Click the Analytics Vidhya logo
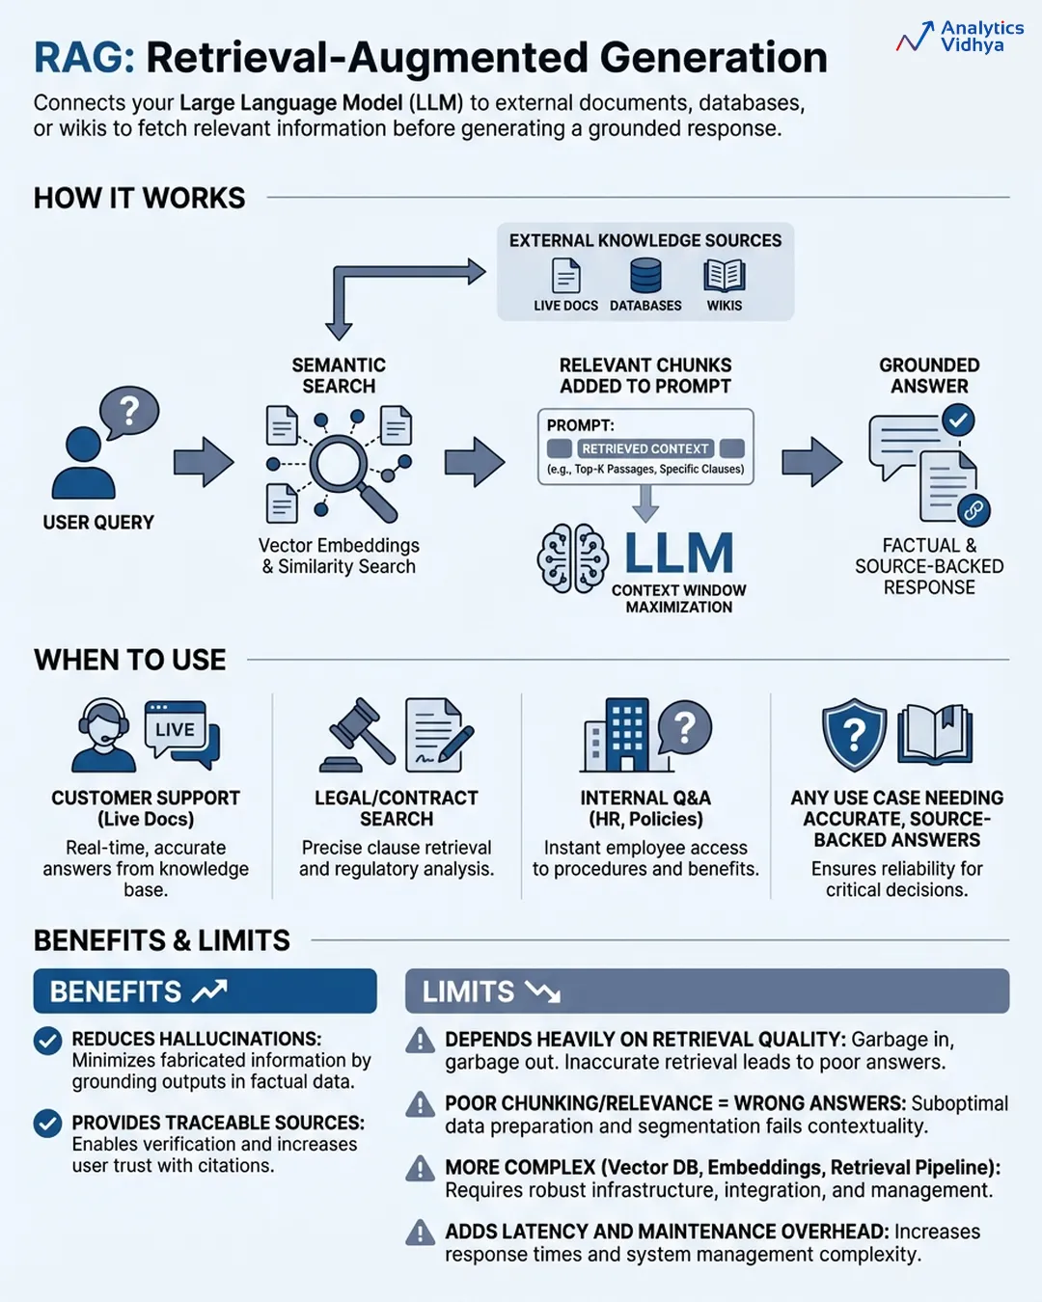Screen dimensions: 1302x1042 (x=959, y=38)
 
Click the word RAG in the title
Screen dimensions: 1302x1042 (x=84, y=58)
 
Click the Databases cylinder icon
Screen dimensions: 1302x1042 (x=645, y=275)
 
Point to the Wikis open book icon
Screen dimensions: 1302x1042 (x=724, y=276)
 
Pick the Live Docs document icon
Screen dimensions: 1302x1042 (x=566, y=276)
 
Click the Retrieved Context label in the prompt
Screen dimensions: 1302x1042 (x=645, y=448)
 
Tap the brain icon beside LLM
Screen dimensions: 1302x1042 (x=573, y=558)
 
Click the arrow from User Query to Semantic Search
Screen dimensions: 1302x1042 (x=204, y=462)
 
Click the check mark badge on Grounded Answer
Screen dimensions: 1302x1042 (x=958, y=420)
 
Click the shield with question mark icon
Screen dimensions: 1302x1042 (x=854, y=735)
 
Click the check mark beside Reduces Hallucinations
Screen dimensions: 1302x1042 (x=47, y=1041)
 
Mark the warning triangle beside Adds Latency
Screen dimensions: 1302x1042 (x=420, y=1233)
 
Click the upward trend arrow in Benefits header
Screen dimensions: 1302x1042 (x=209, y=990)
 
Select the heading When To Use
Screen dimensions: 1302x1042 (x=130, y=660)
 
